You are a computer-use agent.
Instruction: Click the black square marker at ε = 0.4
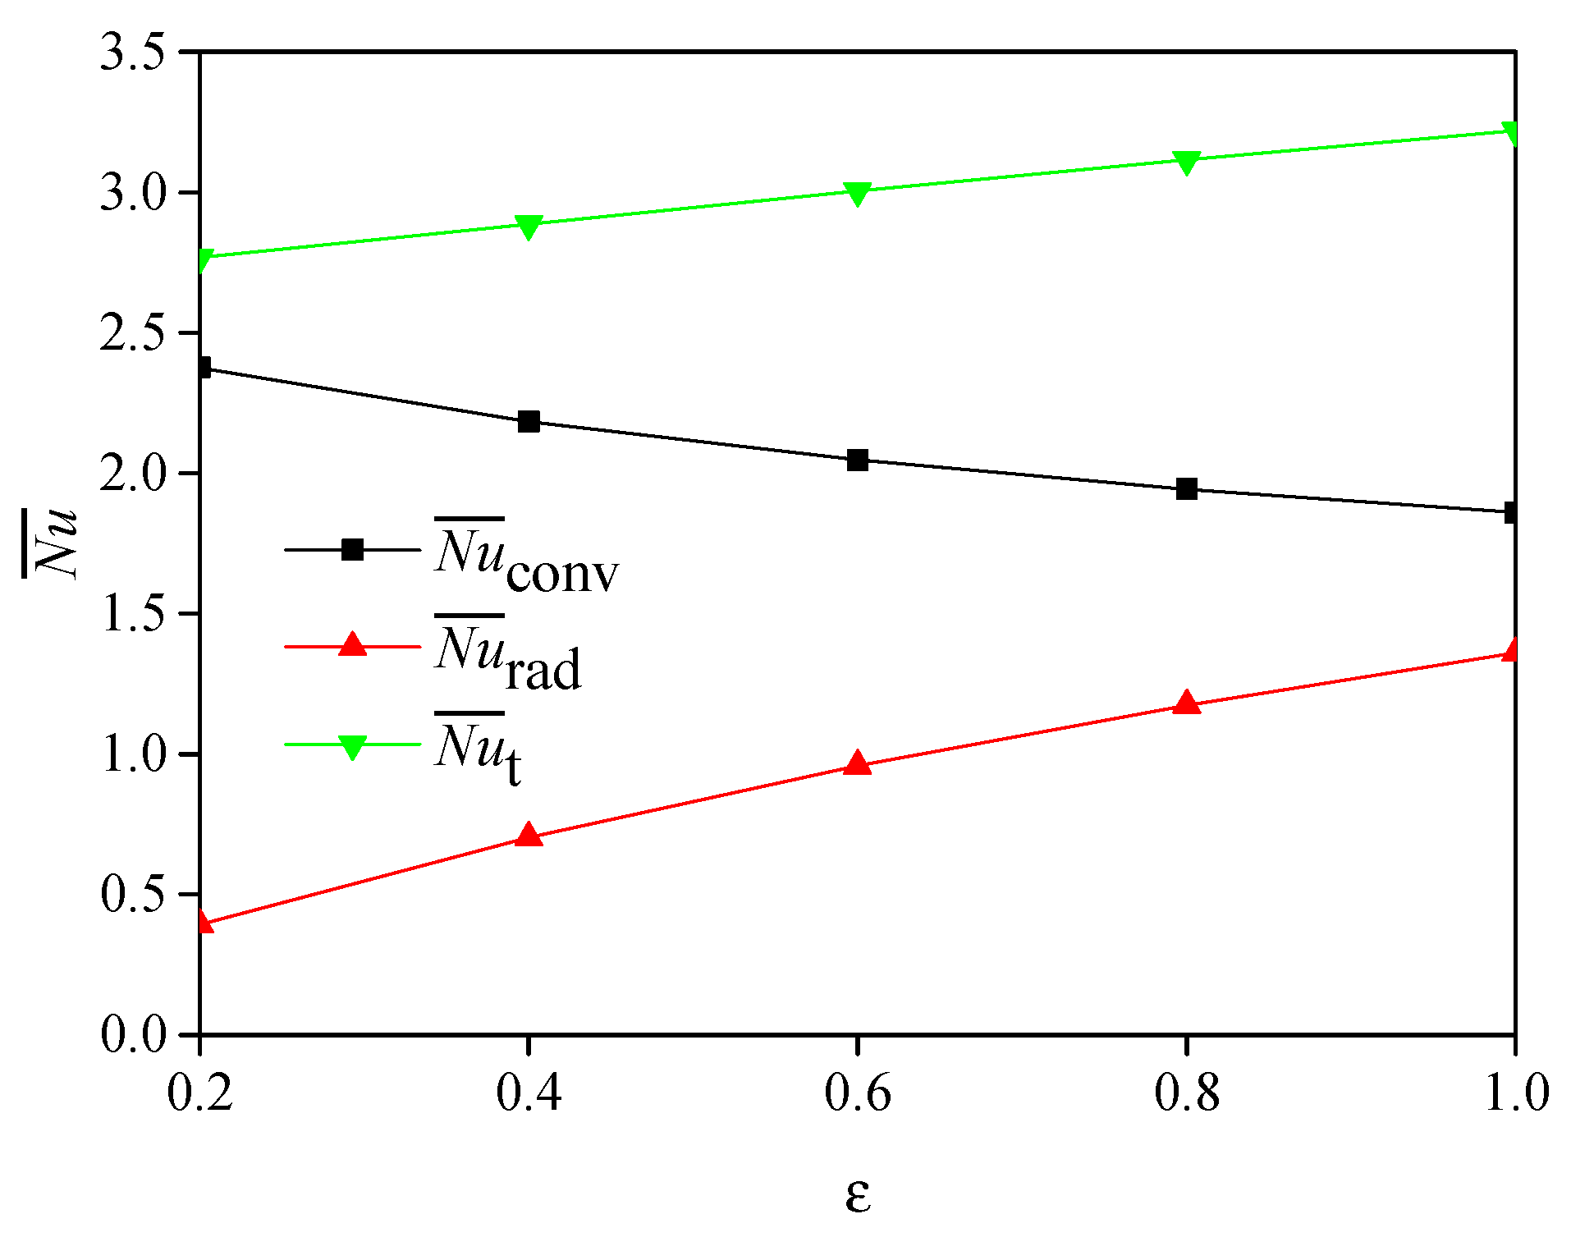(529, 422)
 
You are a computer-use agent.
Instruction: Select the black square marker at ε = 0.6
(857, 460)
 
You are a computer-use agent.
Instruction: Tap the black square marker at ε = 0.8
(1186, 489)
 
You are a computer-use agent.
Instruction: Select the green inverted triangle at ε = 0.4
(529, 227)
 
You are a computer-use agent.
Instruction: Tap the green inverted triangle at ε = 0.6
(857, 193)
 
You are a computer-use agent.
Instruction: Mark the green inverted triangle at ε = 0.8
(1186, 162)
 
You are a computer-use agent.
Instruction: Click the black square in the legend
(352, 550)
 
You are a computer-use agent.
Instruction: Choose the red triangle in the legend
(352, 645)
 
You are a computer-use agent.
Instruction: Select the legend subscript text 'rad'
(543, 670)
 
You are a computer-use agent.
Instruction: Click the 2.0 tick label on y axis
(131, 474)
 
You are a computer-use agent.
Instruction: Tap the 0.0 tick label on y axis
(131, 1034)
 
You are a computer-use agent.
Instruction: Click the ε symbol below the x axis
(857, 1195)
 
